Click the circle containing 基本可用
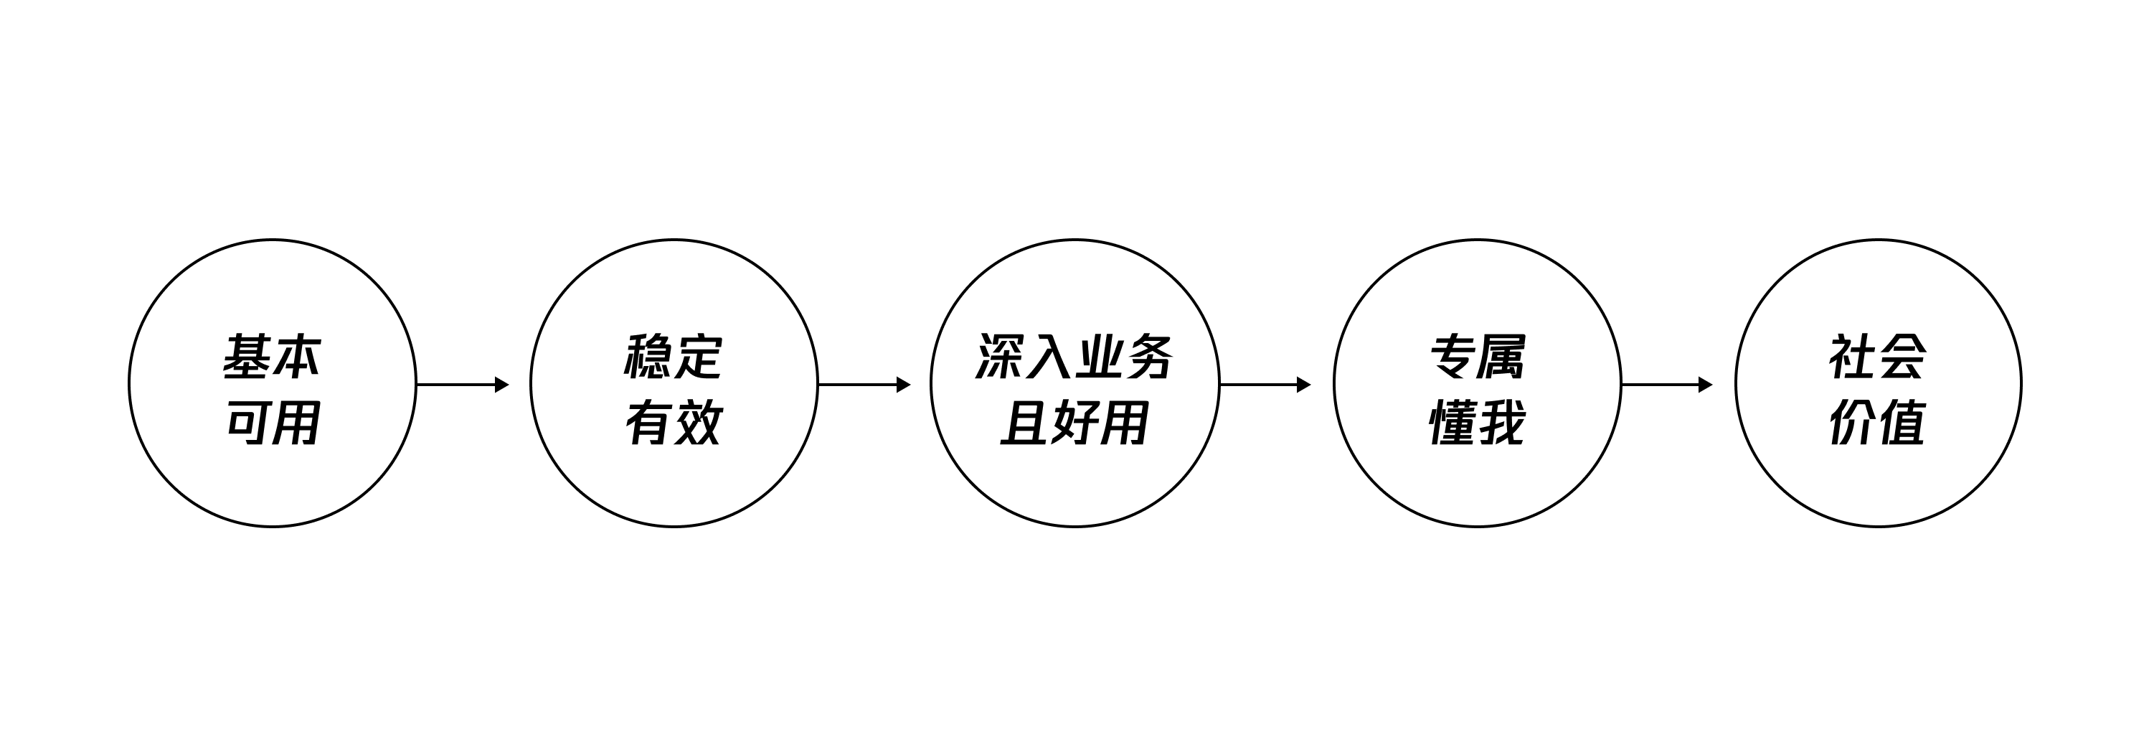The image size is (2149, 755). pyautogui.click(x=129, y=384)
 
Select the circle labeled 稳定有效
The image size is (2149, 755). pyautogui.click(x=531, y=384)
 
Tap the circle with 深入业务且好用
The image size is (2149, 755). pyautogui.click(x=932, y=384)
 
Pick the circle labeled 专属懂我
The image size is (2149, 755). pyautogui.click(x=1334, y=384)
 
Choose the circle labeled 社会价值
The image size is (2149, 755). pyautogui.click(x=1735, y=384)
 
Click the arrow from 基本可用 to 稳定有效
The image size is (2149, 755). pyautogui.click(x=463, y=385)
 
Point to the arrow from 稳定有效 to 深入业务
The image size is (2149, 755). pyautogui.click(x=864, y=385)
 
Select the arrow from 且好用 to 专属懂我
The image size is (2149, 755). pyautogui.click(x=1265, y=385)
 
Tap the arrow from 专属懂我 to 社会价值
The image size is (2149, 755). pyautogui.click(x=1667, y=385)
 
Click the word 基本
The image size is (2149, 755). pyautogui.click(x=272, y=357)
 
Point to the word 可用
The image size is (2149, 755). pyautogui.click(x=273, y=422)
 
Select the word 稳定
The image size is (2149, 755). pyautogui.click(x=674, y=357)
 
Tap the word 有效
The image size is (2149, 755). pyautogui.click(x=674, y=422)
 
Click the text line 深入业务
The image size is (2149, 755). pyautogui.click(x=1074, y=357)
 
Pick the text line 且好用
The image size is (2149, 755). pyautogui.click(x=1074, y=422)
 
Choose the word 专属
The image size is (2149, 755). pyautogui.click(x=1478, y=357)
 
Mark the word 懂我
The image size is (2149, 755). pyautogui.click(x=1478, y=422)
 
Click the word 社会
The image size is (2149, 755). pyautogui.click(x=1878, y=357)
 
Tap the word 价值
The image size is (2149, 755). pyautogui.click(x=1878, y=422)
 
